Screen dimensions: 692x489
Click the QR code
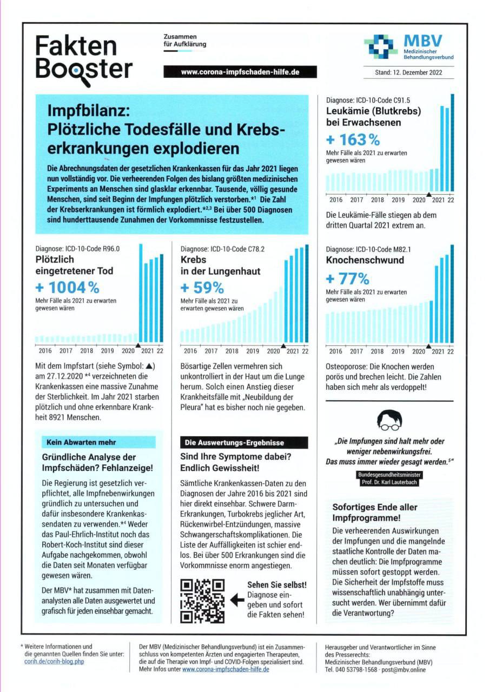coord(202,600)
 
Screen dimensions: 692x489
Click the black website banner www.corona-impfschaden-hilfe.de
coord(240,72)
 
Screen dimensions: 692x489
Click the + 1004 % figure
coord(68,287)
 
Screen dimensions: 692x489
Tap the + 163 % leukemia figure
coord(353,139)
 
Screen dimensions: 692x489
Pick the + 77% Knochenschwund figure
coord(348,279)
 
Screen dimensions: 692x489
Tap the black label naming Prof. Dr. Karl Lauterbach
coord(388,478)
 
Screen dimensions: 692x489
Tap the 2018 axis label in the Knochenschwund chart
coord(377,351)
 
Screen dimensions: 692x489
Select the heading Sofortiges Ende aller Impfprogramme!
coord(374,513)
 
